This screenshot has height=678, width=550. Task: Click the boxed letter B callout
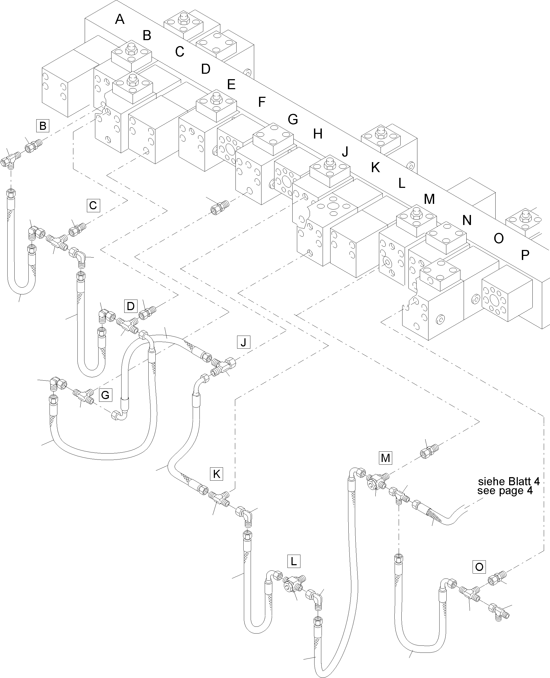[x=43, y=126]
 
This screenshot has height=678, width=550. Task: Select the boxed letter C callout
[x=93, y=205]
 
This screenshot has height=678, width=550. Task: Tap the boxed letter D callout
[x=130, y=306]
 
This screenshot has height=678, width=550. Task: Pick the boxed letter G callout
[x=105, y=395]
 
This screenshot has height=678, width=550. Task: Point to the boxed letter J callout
[x=243, y=342]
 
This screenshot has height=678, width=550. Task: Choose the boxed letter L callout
[x=293, y=561]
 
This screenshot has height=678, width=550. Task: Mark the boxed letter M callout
[x=385, y=458]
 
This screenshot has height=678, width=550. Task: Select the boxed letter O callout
[x=479, y=567]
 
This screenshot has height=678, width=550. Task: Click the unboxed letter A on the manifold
[x=120, y=19]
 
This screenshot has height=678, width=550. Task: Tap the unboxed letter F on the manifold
[x=261, y=102]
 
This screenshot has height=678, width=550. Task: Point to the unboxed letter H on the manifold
[x=318, y=134]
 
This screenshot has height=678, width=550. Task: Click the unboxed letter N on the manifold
[x=467, y=220]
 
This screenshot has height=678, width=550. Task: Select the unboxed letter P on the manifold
[x=525, y=255]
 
